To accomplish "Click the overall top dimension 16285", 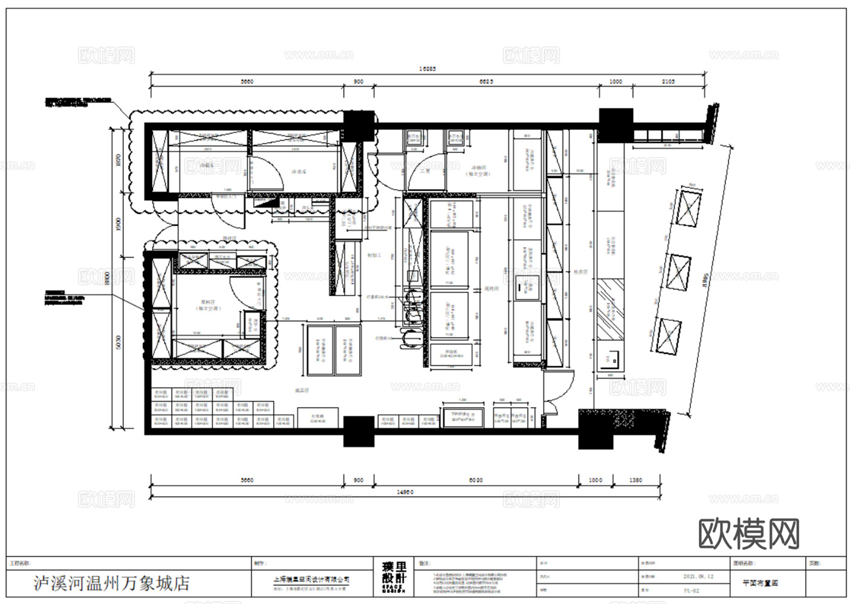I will click(x=427, y=69).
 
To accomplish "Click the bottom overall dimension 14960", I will click(x=405, y=492).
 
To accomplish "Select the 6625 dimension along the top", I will click(x=485, y=82).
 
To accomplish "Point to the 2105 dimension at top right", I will click(x=668, y=82).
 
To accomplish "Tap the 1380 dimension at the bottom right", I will click(x=635, y=480).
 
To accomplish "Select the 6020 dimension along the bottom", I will click(x=476, y=480).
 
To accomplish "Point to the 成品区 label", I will click(x=302, y=391).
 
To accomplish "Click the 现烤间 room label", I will click(x=491, y=289).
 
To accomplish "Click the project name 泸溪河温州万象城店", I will click(x=111, y=583).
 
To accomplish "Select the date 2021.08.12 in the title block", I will click(x=698, y=576).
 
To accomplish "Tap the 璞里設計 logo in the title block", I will click(x=394, y=578).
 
